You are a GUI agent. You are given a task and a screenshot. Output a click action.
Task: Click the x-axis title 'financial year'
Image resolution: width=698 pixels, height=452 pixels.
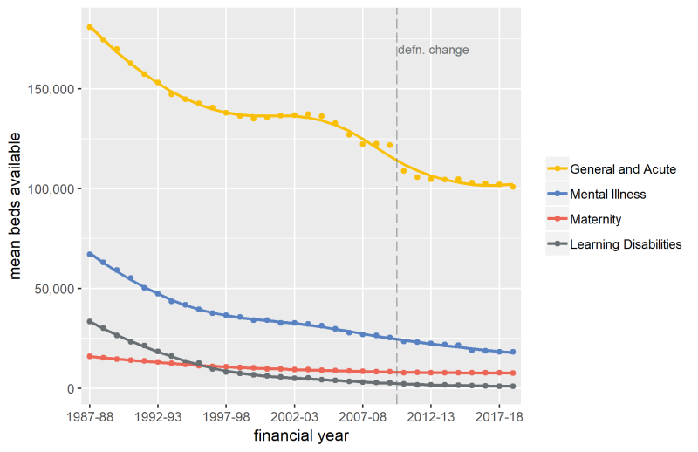point(301,435)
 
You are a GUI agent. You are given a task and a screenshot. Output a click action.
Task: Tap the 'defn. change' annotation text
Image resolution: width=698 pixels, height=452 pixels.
point(433,51)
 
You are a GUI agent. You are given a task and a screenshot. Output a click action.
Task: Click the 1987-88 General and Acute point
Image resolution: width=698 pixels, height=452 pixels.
point(90,27)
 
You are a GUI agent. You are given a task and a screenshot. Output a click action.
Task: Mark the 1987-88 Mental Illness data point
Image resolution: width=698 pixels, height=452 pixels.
point(90,254)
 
